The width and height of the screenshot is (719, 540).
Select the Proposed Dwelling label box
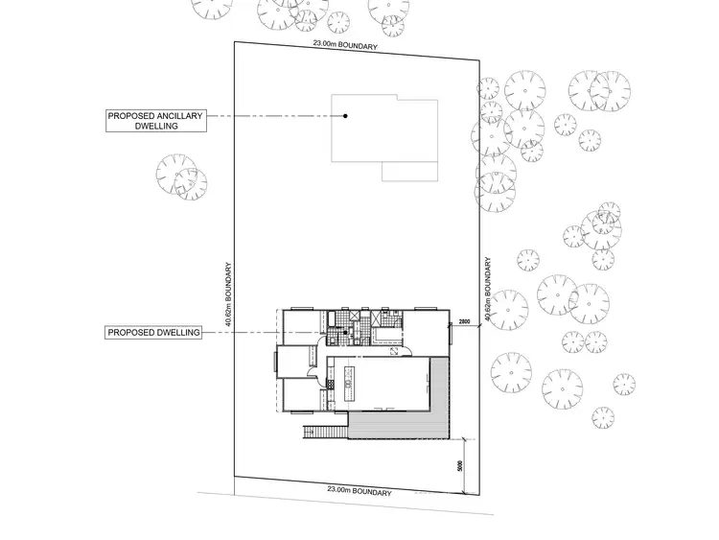click(x=154, y=333)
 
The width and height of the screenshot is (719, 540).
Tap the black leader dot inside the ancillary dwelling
click(x=346, y=116)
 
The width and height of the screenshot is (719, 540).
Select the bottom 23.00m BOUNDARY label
click(x=360, y=491)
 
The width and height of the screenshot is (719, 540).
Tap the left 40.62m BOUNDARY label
click(x=228, y=296)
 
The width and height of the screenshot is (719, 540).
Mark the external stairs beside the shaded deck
click(x=324, y=433)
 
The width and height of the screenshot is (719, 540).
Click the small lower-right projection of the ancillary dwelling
click(x=410, y=171)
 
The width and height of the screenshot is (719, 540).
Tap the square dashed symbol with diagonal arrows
click(x=394, y=352)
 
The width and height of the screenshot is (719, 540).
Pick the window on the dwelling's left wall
click(x=274, y=364)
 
